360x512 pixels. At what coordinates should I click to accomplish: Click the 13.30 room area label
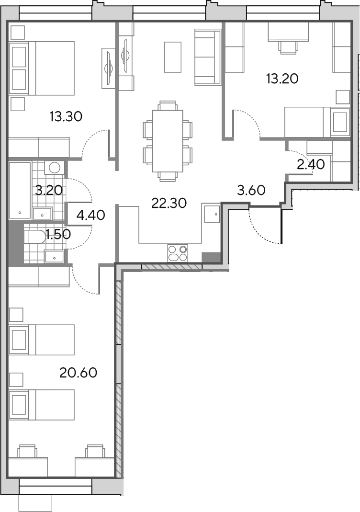click(66, 116)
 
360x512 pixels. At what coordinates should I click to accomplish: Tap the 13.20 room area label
click(282, 79)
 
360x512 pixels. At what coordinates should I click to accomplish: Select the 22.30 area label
click(169, 203)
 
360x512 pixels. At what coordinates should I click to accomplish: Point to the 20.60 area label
click(79, 372)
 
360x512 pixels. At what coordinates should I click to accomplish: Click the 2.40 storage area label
click(311, 165)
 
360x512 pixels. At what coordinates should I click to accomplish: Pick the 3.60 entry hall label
click(251, 190)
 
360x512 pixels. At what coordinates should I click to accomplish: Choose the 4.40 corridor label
click(91, 215)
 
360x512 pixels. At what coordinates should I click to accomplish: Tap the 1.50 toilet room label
click(58, 234)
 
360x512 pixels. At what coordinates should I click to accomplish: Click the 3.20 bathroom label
click(49, 190)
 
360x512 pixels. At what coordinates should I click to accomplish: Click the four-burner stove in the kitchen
click(178, 253)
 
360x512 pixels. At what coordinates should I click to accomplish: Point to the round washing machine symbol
click(54, 168)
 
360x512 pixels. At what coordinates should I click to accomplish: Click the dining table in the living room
click(168, 141)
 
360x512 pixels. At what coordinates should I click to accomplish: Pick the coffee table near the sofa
click(172, 57)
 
